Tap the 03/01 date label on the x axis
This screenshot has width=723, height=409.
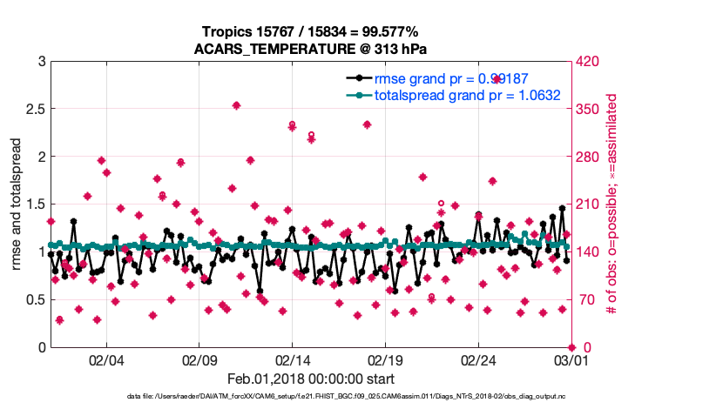point(571,361)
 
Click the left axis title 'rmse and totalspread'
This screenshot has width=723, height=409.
point(16,204)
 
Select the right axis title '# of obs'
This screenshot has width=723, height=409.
point(612,204)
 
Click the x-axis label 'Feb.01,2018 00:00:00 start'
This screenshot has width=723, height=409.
point(310,379)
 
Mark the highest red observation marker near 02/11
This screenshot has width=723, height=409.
point(237,105)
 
